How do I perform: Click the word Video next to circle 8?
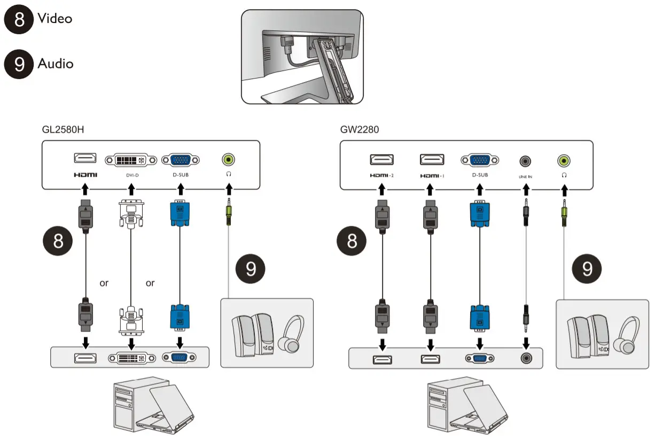tap(54, 19)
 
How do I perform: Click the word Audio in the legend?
tap(55, 64)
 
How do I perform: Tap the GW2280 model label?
tap(359, 129)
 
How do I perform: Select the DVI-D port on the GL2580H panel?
tap(131, 160)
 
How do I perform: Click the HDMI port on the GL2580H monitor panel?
tap(84, 159)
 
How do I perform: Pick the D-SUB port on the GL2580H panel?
tap(181, 160)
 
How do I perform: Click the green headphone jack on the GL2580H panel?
tap(229, 159)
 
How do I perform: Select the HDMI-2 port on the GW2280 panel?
tap(382, 159)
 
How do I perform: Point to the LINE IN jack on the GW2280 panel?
tap(526, 160)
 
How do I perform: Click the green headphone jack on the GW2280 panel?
tap(563, 160)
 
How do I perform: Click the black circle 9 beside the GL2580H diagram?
tap(249, 269)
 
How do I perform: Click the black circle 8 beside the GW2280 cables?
tap(352, 242)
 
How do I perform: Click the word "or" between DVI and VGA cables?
tap(150, 283)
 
